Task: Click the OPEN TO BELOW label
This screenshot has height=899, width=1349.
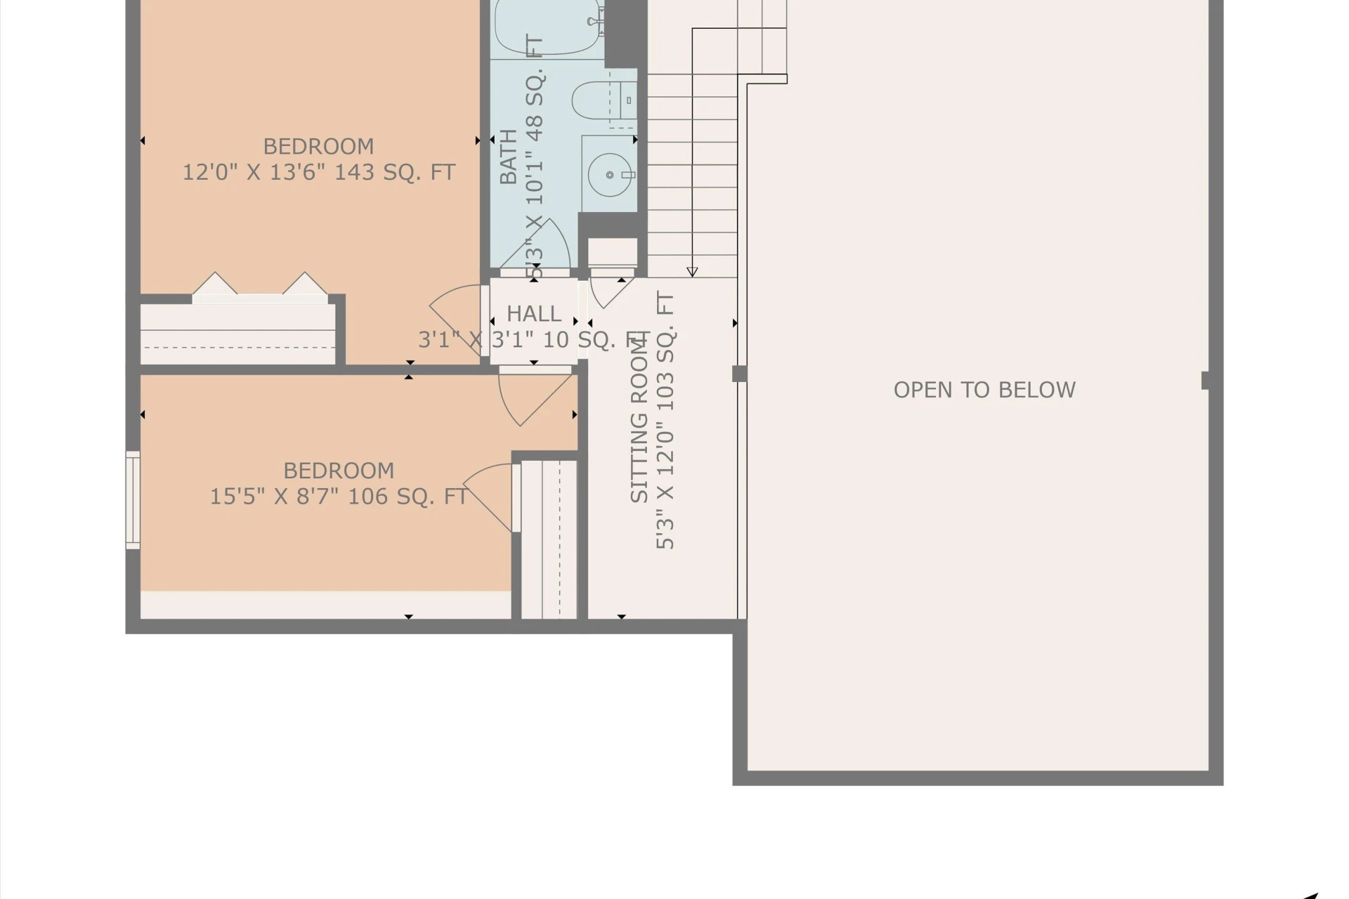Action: click(984, 390)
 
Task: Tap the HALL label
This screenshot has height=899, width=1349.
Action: click(534, 313)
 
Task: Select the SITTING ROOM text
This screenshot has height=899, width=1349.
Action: click(639, 419)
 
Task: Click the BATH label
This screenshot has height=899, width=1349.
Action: click(508, 157)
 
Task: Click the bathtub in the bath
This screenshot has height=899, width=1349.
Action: click(548, 27)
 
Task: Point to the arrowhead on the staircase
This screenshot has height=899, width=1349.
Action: click(692, 272)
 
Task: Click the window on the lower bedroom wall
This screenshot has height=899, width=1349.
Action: click(133, 499)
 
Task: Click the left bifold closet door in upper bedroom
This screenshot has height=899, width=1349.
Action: click(215, 283)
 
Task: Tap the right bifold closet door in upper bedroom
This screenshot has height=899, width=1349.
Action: click(305, 283)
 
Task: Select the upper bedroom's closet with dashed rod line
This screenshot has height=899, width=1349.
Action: click(237, 334)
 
